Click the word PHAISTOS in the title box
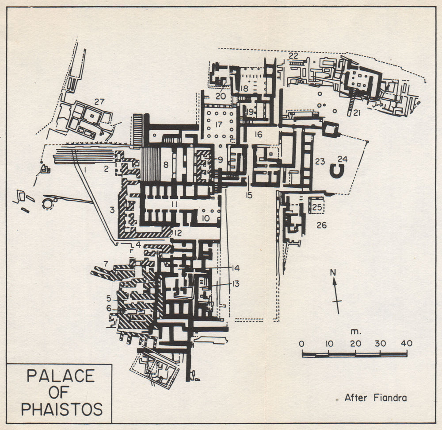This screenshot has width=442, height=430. tap(61, 409)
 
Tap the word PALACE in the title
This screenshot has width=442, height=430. tap(61, 376)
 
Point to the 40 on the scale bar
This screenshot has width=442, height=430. tap(407, 344)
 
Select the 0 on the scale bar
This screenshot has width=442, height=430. tap(301, 344)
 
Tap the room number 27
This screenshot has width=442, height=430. tap(99, 101)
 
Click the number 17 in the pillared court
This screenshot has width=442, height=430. tap(218, 125)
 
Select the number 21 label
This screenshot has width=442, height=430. tap(357, 113)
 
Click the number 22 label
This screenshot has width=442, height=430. tap(293, 56)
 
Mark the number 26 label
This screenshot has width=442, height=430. tap(321, 225)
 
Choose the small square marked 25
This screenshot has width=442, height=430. tap(316, 206)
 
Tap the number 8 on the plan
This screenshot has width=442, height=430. tap(166, 164)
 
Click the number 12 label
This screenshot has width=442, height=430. tap(178, 232)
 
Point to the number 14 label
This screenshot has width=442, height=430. tap(235, 268)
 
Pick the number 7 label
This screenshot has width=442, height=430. tap(105, 264)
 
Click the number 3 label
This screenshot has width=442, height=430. tap(112, 210)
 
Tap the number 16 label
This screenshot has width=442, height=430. tap(259, 134)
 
